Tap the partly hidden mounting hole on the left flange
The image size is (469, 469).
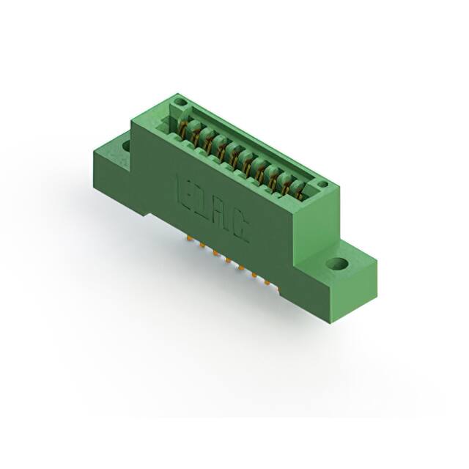(126, 147)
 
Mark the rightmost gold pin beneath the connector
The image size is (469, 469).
(267, 284)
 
